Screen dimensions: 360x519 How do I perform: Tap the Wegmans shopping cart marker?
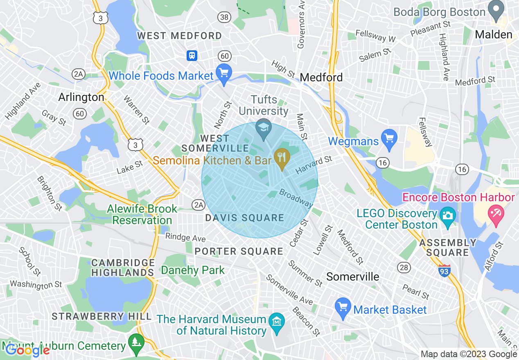pyautogui.click(x=389, y=139)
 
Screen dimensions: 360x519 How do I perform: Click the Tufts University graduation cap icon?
pyautogui.click(x=264, y=126)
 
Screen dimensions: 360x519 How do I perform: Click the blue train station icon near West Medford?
pyautogui.click(x=192, y=55)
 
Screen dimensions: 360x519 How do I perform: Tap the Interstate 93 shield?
pyautogui.click(x=445, y=271)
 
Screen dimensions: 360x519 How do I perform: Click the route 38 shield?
pyautogui.click(x=224, y=17)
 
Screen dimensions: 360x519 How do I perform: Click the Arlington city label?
pyautogui.click(x=81, y=97)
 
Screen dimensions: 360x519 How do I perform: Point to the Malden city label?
pyautogui.click(x=494, y=35)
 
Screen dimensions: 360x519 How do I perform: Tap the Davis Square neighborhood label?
pyautogui.click(x=245, y=218)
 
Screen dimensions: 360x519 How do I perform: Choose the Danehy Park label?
pyautogui.click(x=193, y=270)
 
